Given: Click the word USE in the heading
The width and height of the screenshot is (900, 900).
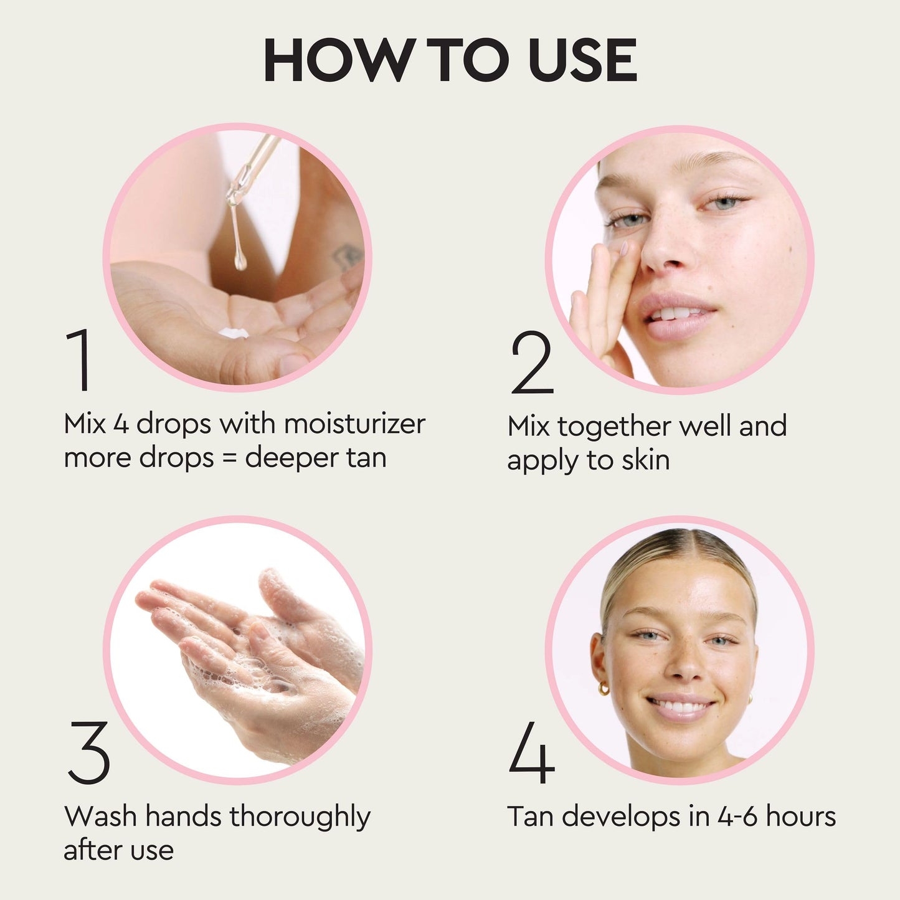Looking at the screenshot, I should [x=582, y=60].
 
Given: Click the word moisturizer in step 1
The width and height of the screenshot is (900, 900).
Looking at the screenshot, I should [x=355, y=424].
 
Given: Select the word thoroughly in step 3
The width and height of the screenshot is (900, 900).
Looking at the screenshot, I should [x=300, y=817].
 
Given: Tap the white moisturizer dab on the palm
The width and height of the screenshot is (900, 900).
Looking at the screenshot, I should [x=234, y=333].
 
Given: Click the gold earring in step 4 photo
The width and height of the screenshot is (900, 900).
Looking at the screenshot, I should [x=604, y=688].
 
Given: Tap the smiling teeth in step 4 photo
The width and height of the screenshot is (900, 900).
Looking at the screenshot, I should [x=681, y=708].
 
